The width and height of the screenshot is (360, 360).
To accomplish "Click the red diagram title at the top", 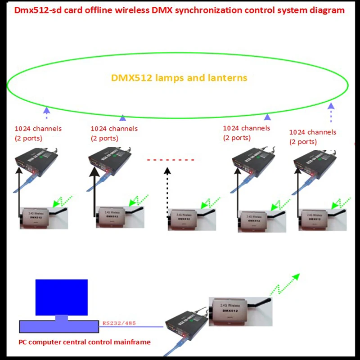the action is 180,10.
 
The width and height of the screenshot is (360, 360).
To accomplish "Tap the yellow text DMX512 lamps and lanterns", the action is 179,78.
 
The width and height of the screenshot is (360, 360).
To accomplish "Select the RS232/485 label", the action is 119,323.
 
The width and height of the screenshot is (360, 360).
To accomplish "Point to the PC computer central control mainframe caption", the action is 85,342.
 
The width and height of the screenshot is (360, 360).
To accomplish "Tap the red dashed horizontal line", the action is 171,160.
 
